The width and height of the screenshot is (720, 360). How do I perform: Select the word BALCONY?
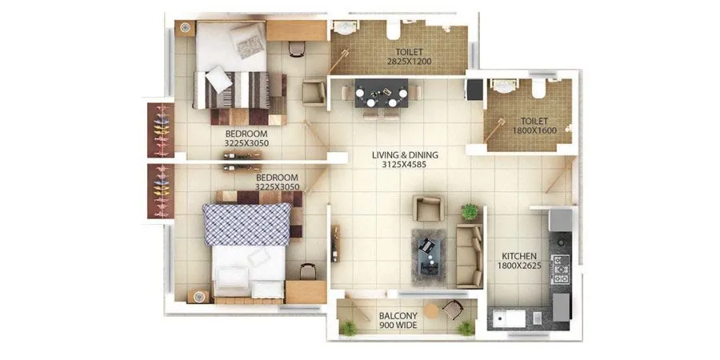coord(398,316)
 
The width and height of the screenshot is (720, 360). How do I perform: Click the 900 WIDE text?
coord(398,326)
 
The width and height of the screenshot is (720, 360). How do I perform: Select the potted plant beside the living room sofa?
coord(470,211)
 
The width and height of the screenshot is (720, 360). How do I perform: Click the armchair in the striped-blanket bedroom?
coord(313,93)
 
